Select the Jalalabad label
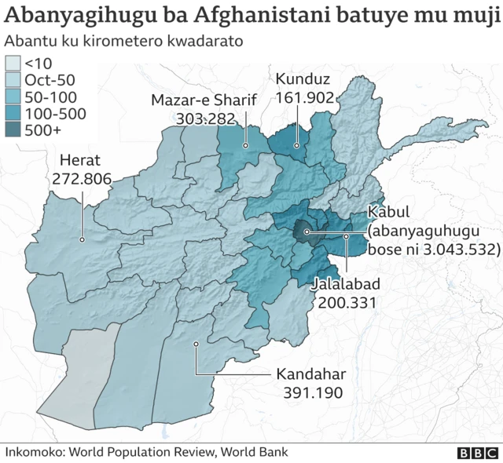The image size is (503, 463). [346, 283]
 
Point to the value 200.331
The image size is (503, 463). [346, 301]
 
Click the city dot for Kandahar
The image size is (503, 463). [196, 343]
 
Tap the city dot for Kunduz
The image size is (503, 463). [297, 145]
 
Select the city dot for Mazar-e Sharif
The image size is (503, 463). [245, 145]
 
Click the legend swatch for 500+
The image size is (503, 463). [13, 131]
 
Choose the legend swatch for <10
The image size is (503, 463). [13, 62]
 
